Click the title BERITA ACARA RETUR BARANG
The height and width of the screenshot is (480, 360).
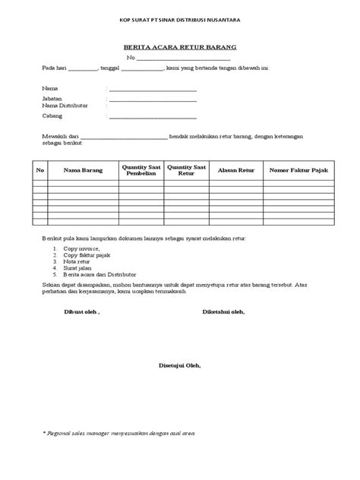coord(180,46)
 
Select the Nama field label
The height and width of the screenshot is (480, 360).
coord(50,89)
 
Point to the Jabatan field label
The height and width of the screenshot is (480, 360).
coord(53,99)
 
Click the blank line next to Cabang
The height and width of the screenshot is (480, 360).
coord(152,118)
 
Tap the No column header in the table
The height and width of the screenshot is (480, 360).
coord(41,170)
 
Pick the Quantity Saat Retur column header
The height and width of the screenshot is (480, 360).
coord(186,170)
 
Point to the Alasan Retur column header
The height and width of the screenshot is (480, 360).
coord(235,170)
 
